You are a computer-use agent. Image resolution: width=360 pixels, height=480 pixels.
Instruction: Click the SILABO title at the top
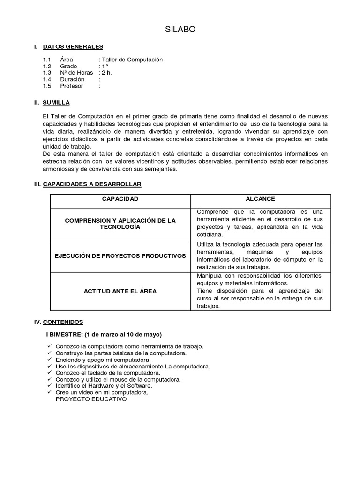tap(180, 30)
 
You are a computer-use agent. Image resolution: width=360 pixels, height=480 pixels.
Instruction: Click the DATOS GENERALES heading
tap(73, 46)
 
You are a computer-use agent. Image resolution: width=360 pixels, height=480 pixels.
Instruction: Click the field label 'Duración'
tap(72, 79)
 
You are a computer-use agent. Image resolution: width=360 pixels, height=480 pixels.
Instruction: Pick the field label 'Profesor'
tap(71, 86)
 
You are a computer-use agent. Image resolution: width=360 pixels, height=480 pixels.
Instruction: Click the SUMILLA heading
tap(56, 102)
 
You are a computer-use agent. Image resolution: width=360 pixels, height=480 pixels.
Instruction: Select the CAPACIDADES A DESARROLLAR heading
tap(92, 184)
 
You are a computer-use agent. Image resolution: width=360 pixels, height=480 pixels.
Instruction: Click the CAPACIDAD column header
tap(120, 199)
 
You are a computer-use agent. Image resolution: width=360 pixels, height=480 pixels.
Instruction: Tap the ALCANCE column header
tap(260, 199)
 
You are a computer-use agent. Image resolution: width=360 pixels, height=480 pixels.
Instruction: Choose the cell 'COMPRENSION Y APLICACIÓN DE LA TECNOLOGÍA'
tap(120, 224)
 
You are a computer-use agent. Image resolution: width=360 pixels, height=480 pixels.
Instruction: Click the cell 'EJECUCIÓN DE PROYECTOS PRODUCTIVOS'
tap(120, 255)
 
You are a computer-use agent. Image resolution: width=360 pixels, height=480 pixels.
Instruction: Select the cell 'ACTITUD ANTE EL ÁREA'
tap(120, 291)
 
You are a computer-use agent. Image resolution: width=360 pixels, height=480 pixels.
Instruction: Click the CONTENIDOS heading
tap(63, 322)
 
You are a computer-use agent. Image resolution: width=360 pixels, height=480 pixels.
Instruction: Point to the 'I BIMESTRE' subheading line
tap(104, 334)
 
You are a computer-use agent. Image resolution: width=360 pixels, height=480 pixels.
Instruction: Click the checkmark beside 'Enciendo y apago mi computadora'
tap(50, 360)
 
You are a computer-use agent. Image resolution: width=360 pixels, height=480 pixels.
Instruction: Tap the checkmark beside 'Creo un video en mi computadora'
tap(50, 392)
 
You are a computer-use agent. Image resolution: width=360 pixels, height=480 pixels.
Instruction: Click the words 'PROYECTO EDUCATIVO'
tap(91, 399)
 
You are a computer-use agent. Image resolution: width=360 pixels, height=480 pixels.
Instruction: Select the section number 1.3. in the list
tap(47, 73)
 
